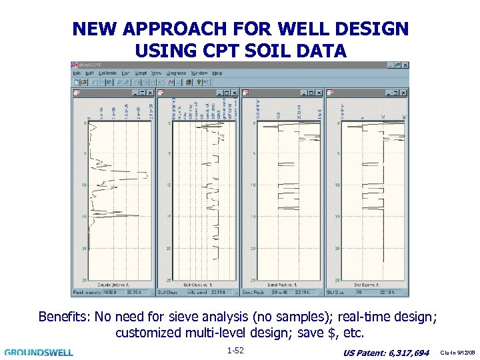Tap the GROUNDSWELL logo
[x=39, y=352]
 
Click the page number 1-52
[x=235, y=350]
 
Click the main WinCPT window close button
[x=405, y=65]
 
